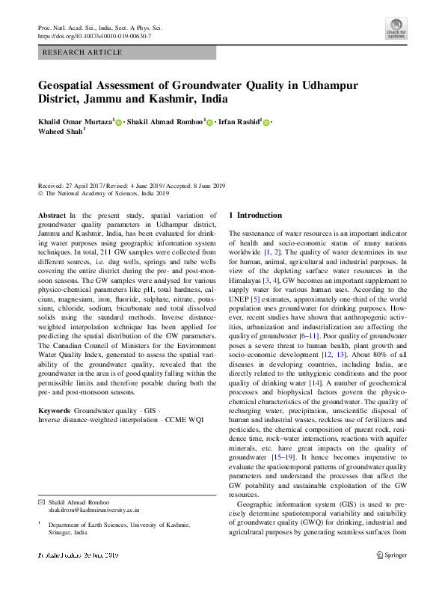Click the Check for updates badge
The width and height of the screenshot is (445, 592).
(x=396, y=28)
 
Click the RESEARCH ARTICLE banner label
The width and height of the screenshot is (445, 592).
(x=82, y=52)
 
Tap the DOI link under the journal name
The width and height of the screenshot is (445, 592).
(x=94, y=36)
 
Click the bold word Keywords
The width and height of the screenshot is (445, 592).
(x=54, y=411)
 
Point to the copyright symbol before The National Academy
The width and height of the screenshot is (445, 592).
(x=41, y=193)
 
